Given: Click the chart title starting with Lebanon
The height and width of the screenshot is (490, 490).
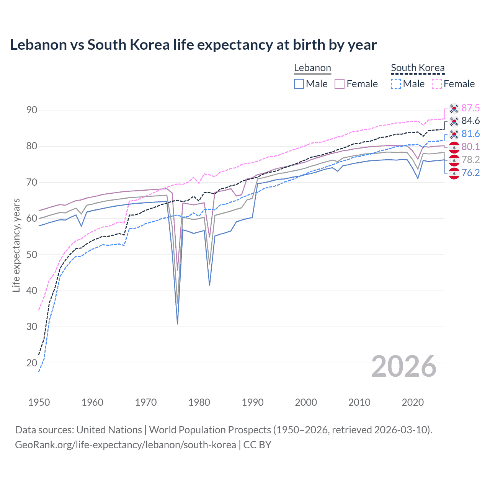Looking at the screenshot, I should [193, 45].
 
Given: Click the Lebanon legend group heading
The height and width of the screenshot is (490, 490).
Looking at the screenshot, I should [312, 68].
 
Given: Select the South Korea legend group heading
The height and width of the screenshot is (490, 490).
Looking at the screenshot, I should [418, 68].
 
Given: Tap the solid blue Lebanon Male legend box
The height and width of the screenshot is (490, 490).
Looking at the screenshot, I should [299, 84].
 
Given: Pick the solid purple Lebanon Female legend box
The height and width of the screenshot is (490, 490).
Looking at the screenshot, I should [340, 84].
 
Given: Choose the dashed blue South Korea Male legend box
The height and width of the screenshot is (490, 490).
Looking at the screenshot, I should [396, 84].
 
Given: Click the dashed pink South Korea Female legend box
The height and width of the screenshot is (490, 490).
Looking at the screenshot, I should [437, 84].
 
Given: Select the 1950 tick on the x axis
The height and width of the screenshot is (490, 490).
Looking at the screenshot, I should [39, 402].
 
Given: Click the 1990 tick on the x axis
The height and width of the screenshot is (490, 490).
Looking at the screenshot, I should [253, 402].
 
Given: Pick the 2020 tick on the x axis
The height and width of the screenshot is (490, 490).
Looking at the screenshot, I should [413, 402].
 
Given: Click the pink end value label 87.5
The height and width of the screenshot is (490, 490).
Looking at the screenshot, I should [470, 108].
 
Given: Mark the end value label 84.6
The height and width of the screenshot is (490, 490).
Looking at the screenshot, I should [470, 121].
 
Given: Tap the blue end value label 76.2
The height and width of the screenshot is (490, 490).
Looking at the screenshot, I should [470, 173].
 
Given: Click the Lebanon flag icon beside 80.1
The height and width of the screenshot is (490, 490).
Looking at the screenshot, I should [454, 147].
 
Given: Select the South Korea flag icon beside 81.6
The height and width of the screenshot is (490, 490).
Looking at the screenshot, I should [454, 134].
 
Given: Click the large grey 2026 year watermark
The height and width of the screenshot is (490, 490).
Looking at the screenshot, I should [404, 366].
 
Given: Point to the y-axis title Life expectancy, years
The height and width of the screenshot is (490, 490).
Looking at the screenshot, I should [16, 245].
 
